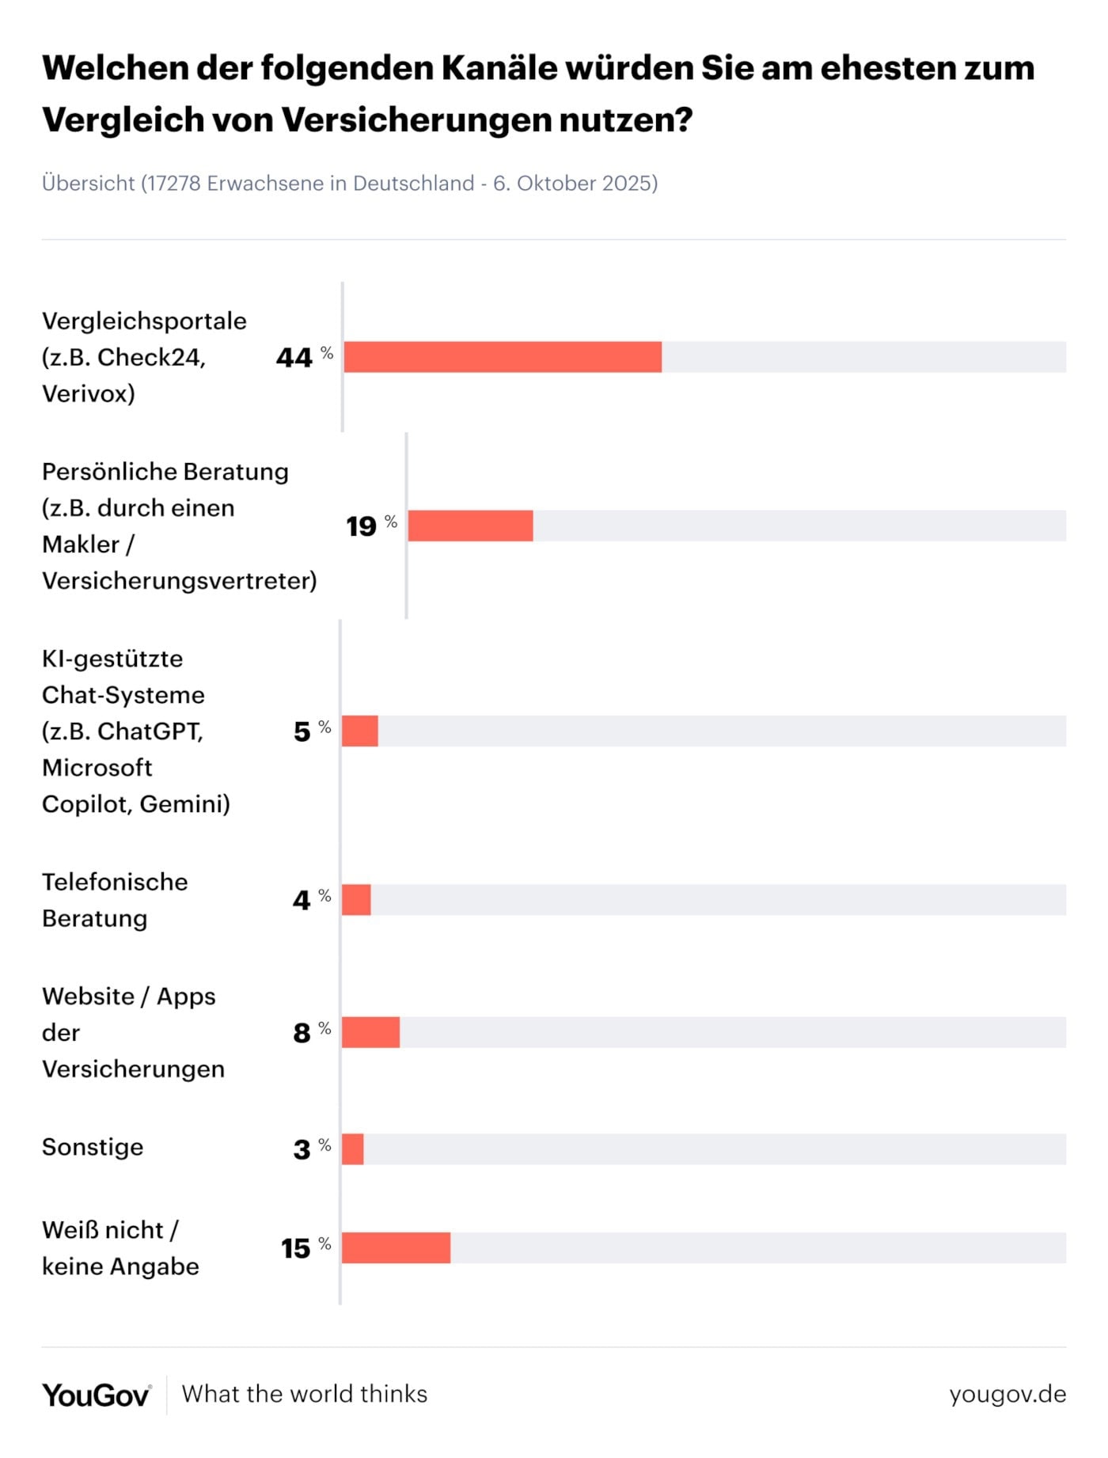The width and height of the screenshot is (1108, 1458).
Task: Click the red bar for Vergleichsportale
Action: (x=503, y=357)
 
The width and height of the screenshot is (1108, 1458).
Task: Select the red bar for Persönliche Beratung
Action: (x=470, y=526)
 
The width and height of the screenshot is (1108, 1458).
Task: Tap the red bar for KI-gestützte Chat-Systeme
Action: (x=360, y=731)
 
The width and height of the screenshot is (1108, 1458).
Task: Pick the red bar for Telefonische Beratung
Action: (x=356, y=900)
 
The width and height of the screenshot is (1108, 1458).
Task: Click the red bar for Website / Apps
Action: (x=370, y=1032)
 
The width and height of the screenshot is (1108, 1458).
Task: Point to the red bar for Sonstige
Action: (x=353, y=1149)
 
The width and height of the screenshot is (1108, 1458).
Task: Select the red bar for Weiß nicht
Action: (x=396, y=1247)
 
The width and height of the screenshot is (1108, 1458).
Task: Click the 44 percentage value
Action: (x=294, y=358)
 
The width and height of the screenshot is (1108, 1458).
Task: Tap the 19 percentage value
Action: (x=362, y=526)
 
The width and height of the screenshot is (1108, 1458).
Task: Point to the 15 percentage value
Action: (x=296, y=1248)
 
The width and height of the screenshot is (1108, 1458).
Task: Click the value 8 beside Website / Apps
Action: (x=302, y=1033)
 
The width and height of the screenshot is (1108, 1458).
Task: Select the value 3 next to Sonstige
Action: (x=302, y=1149)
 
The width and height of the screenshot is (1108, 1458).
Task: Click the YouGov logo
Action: (x=96, y=1395)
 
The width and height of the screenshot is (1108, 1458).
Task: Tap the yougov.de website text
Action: (x=1007, y=1394)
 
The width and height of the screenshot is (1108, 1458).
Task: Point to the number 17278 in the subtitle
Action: (x=174, y=184)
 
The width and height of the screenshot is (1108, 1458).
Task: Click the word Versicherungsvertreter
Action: (x=179, y=581)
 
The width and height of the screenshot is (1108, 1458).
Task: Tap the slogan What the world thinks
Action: (x=305, y=1394)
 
